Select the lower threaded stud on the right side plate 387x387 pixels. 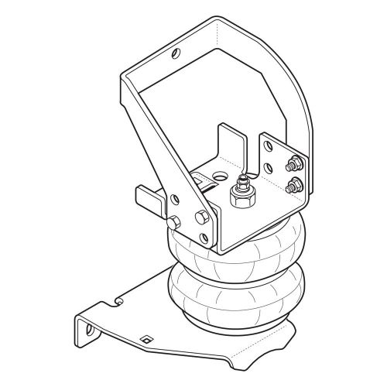[293, 184]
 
